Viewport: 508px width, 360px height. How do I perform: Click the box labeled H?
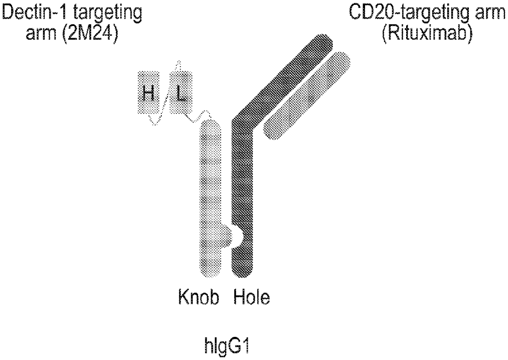point(149,92)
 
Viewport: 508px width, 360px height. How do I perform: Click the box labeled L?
point(181,92)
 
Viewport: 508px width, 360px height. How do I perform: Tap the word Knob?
point(198,297)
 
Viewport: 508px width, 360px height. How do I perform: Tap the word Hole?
point(252,297)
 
